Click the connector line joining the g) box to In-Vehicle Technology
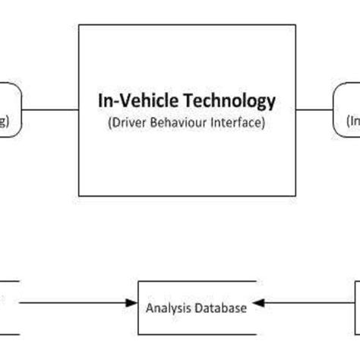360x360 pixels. pyautogui.click(x=51, y=110)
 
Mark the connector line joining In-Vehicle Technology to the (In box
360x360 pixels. pyautogui.click(x=314, y=110)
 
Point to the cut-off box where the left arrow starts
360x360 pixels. pyautogui.click(x=8, y=307)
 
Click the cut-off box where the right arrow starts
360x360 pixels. pyautogui.click(x=356, y=307)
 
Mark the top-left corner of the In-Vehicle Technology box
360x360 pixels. pyautogui.click(x=79, y=25)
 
